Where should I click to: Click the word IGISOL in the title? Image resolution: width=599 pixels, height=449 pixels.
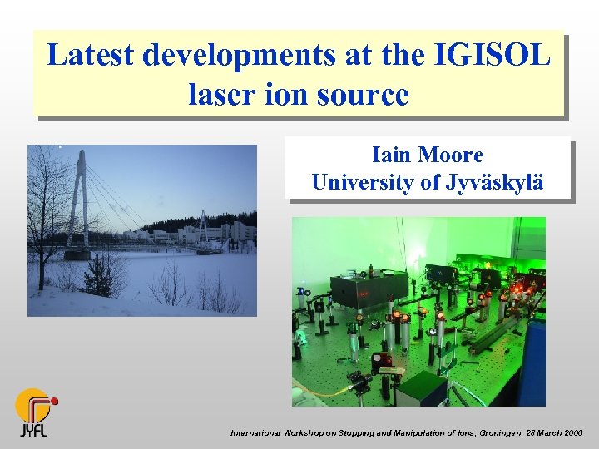(493, 56)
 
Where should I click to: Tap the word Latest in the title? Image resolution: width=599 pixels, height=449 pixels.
(91, 56)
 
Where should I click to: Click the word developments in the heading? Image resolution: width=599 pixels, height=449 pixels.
(238, 56)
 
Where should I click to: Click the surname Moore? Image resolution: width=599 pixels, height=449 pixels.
(451, 155)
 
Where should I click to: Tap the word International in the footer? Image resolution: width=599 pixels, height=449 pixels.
(256, 433)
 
